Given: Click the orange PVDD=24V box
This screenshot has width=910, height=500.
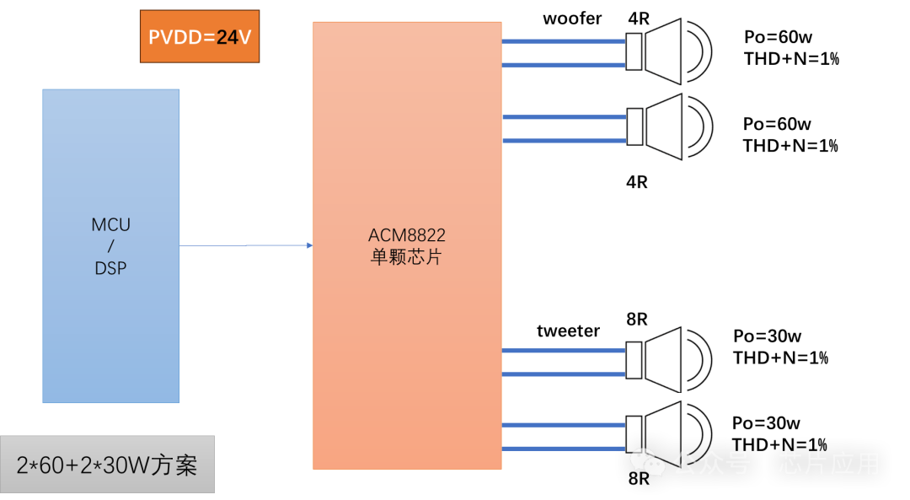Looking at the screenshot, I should click(x=200, y=36).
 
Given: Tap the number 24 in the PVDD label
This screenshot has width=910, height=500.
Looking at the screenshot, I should click(x=227, y=38).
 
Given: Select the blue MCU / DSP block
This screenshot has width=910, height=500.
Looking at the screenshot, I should click(x=111, y=245).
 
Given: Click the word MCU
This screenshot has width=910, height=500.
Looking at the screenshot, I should click(x=111, y=225).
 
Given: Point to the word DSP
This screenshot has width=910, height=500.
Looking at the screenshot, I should click(x=111, y=268).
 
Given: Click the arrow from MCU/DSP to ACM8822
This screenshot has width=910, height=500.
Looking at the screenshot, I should click(x=246, y=245).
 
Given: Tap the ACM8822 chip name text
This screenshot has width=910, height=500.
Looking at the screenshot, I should click(x=406, y=235).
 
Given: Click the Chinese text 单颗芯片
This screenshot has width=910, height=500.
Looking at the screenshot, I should click(x=406, y=257).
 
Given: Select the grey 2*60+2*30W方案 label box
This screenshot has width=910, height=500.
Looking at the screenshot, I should click(x=107, y=464).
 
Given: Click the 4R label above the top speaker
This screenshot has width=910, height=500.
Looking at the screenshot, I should click(x=639, y=19).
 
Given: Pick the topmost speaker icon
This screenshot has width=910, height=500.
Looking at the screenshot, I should click(x=668, y=52).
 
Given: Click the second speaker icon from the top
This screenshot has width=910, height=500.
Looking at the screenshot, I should click(x=668, y=127).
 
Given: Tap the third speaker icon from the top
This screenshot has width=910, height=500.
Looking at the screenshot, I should click(x=668, y=361).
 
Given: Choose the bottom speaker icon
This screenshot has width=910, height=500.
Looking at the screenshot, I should click(x=668, y=434).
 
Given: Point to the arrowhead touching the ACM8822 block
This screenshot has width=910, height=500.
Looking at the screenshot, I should click(x=310, y=245).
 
